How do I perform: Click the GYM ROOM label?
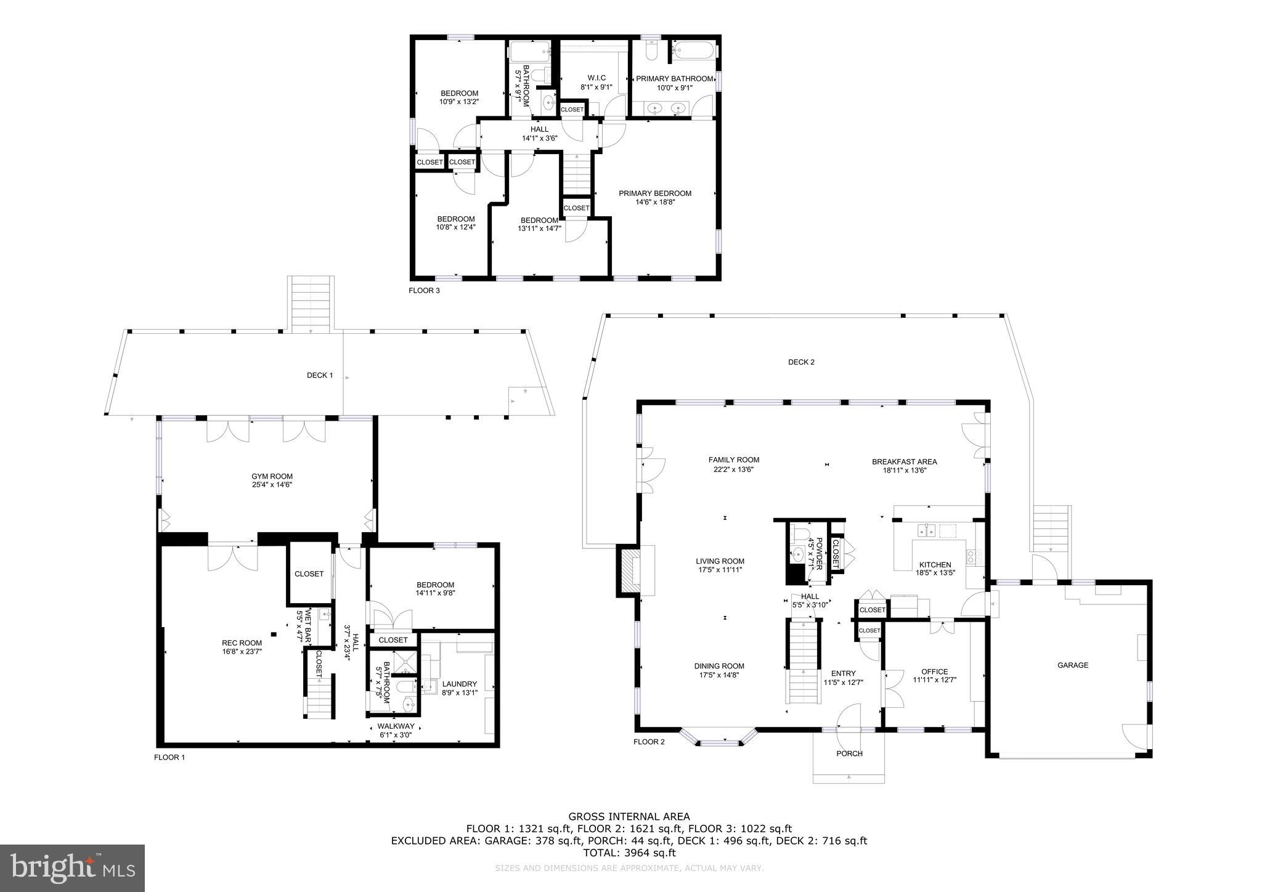coord(272,476)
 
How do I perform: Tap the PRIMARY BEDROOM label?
coord(655,193)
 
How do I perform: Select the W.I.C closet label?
coord(596,78)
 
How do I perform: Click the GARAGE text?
coord(1073,665)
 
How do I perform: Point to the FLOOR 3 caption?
coord(424,290)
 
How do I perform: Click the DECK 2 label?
coord(801,362)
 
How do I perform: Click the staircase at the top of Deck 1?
coord(311,305)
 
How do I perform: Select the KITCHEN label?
coord(935,565)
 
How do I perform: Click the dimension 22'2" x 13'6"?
coord(733,469)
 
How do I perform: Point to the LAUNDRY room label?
coord(459,684)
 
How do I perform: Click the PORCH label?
coord(849,753)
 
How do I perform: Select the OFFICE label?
coord(934,671)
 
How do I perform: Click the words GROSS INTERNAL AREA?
coord(629,817)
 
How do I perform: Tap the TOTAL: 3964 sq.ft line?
coord(629,853)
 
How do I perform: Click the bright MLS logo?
coord(72,868)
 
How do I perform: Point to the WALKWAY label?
coord(396,726)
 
